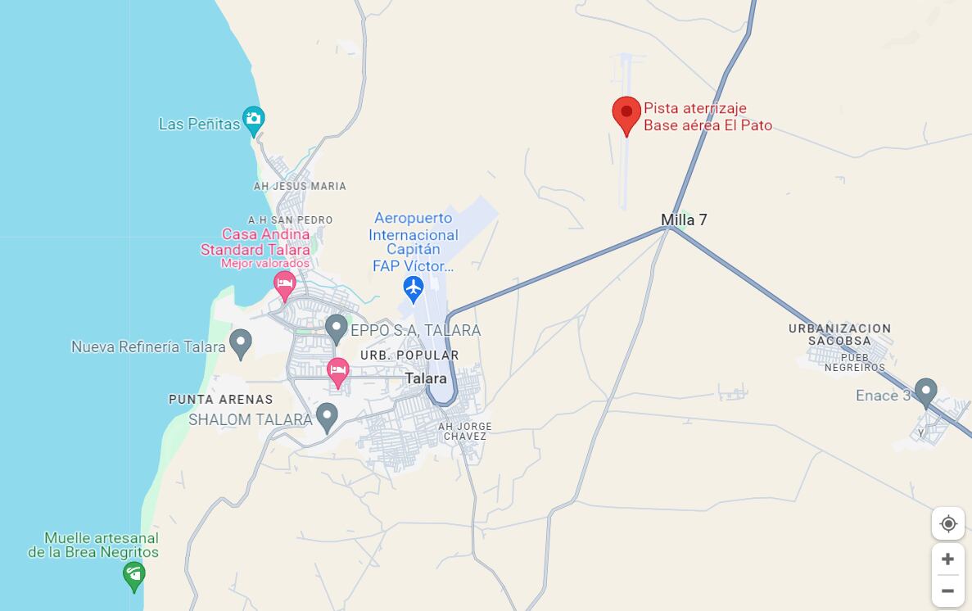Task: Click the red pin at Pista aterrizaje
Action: [x=626, y=115]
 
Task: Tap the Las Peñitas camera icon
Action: [x=253, y=120]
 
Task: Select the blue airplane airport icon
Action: [x=414, y=288]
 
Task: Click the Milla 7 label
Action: [x=684, y=220]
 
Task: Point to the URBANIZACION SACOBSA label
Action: [x=839, y=334]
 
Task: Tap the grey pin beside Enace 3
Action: [x=926, y=391]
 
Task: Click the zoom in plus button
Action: [x=947, y=559]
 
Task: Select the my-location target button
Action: [x=947, y=523]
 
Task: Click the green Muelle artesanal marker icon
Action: [x=134, y=575]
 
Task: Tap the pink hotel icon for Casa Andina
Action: [x=284, y=286]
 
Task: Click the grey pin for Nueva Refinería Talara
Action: [x=240, y=342]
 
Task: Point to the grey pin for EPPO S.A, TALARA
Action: [x=336, y=328]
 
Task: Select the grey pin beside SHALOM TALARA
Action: [x=327, y=416]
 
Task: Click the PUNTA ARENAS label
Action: [x=221, y=400]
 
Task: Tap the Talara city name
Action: [x=426, y=378]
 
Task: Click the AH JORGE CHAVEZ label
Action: [x=465, y=432]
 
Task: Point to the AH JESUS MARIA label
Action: [x=300, y=186]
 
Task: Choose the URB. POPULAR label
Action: [x=409, y=355]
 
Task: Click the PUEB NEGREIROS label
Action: [x=855, y=363]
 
